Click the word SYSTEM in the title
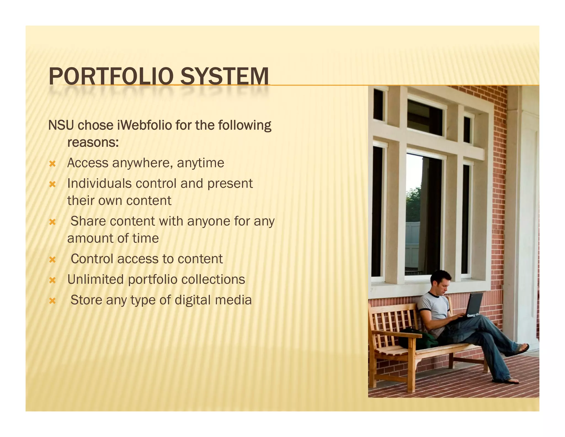[224, 76]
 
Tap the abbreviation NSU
[61, 125]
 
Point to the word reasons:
[93, 143]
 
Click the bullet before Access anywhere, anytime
[52, 164]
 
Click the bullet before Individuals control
[52, 184]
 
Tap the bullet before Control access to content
[52, 260]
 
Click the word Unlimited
[95, 279]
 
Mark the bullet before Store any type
[52, 301]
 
